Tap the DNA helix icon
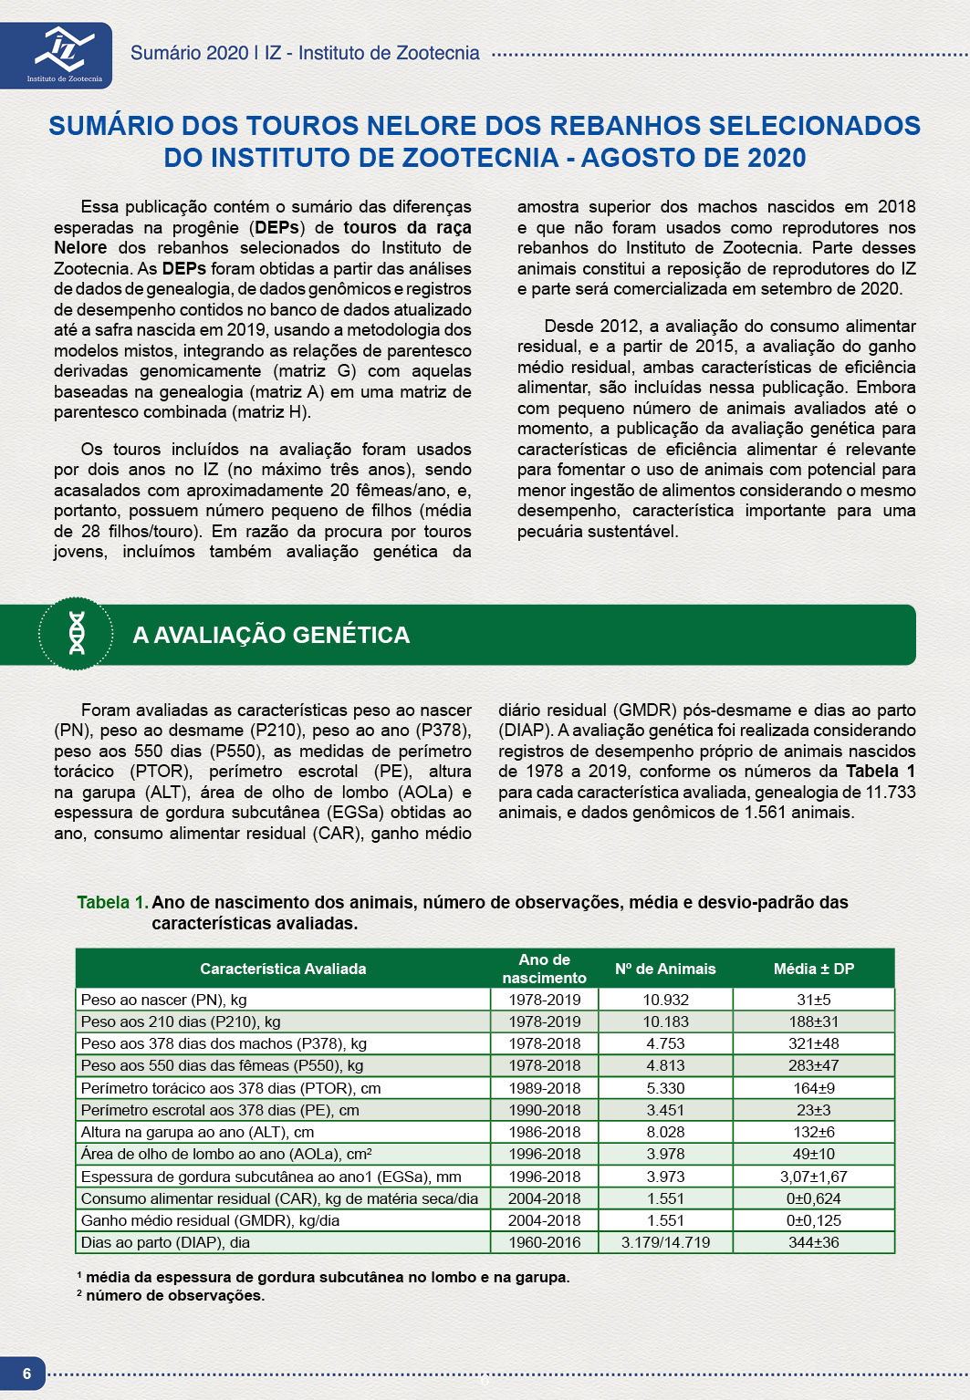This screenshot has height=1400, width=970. click(x=77, y=634)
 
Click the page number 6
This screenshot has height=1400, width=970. click(x=26, y=1374)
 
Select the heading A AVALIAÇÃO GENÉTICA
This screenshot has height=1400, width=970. click(x=271, y=635)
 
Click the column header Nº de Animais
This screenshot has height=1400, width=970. click(x=665, y=969)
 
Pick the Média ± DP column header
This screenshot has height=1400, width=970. click(x=813, y=969)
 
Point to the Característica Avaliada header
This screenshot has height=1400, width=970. click(x=283, y=969)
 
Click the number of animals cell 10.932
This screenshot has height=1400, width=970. click(x=665, y=1000)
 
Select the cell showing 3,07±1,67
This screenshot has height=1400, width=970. click(x=813, y=1177)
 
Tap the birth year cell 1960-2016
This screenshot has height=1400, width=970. click(x=545, y=1242)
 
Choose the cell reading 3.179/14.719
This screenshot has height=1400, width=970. click(x=665, y=1242)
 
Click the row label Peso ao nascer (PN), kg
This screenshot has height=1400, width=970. click(x=164, y=1000)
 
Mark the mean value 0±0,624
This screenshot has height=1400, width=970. click(x=813, y=1198)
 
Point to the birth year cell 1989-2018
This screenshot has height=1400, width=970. click(x=545, y=1088)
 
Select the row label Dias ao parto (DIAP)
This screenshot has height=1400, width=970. click(x=165, y=1242)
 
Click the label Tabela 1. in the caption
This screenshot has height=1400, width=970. click(x=112, y=902)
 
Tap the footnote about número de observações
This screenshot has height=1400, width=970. click(x=174, y=1295)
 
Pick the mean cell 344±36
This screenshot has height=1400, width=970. click(x=813, y=1242)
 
